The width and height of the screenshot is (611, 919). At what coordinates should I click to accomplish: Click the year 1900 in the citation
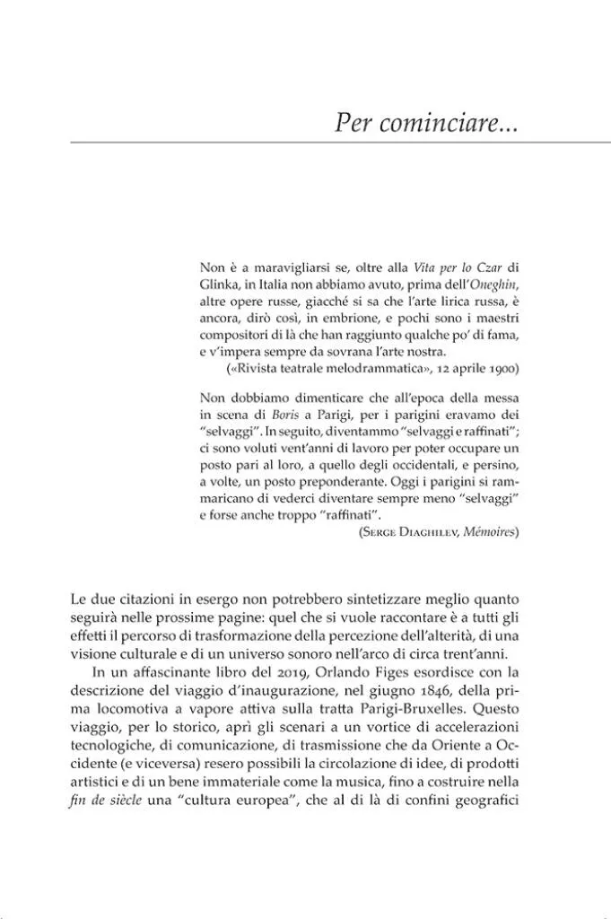click(503, 369)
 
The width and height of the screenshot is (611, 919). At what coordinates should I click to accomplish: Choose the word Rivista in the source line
click(257, 369)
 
